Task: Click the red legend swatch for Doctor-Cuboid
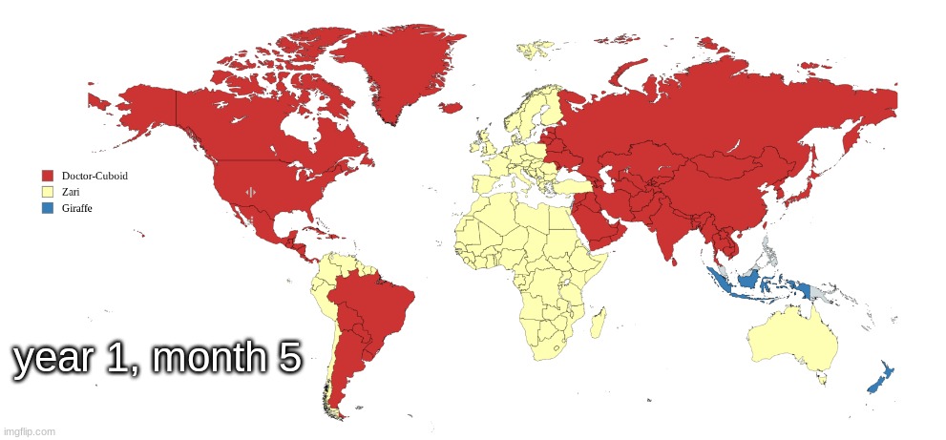[47, 176]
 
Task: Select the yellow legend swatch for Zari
[47, 192]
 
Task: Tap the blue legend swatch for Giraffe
[47, 208]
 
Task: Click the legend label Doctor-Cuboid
[95, 176]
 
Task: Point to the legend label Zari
[70, 192]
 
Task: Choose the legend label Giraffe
[76, 208]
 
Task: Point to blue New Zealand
[878, 378]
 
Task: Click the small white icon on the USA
[251, 192]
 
